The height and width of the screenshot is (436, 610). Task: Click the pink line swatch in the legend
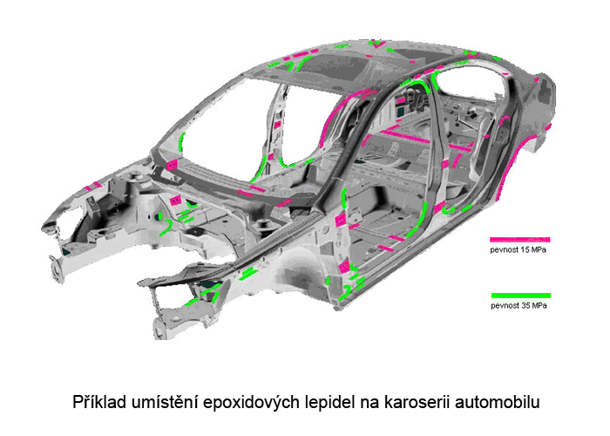pos(519,240)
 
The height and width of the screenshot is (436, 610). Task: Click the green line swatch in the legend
pos(521,296)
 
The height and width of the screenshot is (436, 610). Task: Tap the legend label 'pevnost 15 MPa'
pos(518,250)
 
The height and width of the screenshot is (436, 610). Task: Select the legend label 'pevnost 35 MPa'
pos(519,305)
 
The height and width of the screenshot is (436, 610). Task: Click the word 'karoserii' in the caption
pos(417,402)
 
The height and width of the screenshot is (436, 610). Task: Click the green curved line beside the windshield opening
pos(181,141)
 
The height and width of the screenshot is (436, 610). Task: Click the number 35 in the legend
pos(525,305)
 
